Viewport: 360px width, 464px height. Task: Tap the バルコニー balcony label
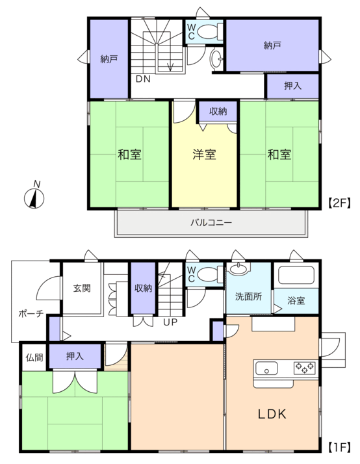[x=211, y=222]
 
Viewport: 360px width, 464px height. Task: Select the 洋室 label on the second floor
[x=205, y=155]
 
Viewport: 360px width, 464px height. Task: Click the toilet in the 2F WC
[x=210, y=31]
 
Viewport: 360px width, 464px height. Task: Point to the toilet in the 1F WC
[x=210, y=275]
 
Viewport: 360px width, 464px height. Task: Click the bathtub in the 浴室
[x=296, y=276]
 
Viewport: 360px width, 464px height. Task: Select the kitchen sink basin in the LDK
[x=266, y=368]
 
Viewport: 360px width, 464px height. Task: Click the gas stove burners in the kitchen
[x=304, y=368]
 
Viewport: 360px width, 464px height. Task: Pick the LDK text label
[x=272, y=414]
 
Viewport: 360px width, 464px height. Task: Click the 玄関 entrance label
[x=82, y=288]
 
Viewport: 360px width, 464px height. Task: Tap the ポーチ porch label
[x=31, y=313]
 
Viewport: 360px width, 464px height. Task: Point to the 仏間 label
[x=34, y=357]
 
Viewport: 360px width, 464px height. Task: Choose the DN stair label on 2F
[x=143, y=79]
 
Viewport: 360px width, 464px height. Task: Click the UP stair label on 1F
[x=170, y=322]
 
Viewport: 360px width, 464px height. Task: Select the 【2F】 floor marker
[x=339, y=203]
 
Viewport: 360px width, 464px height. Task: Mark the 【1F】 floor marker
[x=339, y=447]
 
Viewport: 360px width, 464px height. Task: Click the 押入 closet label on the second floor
[x=293, y=86]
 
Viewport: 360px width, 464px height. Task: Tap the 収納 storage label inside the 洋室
[x=218, y=111]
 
